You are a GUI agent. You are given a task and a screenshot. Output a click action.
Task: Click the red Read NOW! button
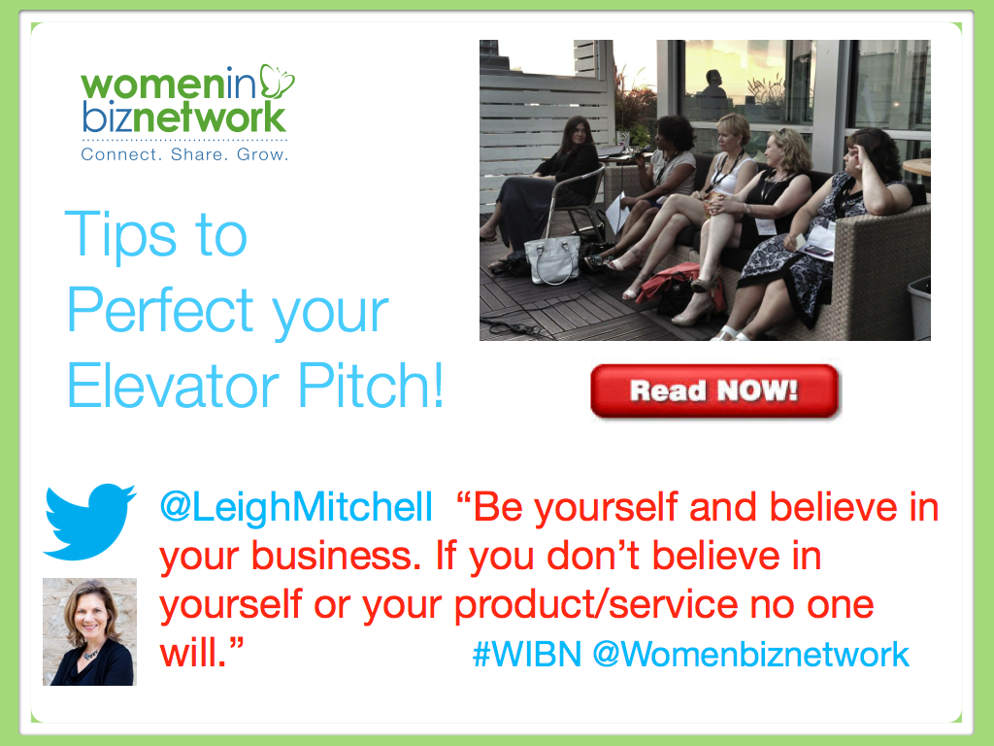(714, 390)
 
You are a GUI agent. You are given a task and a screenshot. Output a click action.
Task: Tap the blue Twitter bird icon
(89, 522)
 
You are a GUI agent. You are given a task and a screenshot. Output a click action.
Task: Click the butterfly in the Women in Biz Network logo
(277, 82)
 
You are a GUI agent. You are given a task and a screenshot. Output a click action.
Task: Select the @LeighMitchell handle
(296, 507)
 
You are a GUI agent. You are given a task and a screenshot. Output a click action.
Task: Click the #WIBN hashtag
(527, 654)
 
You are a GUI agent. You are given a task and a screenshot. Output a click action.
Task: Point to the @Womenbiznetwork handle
(751, 654)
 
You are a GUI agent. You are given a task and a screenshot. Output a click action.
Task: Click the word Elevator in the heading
(173, 386)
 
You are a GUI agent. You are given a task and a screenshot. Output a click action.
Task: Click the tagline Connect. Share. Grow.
(184, 154)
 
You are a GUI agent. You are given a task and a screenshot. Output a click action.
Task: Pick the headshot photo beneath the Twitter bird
(89, 631)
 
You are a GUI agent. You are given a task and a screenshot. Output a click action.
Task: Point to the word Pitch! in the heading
(370, 386)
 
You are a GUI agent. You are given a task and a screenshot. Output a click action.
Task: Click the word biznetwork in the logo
(184, 117)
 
